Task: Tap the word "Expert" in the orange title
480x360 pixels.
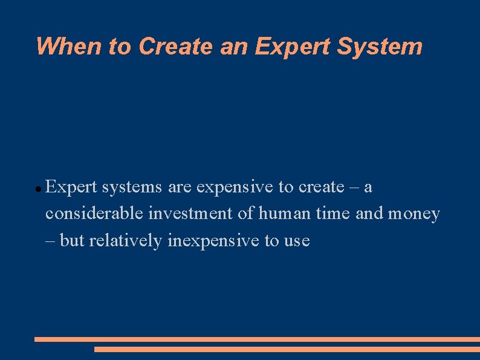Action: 293,47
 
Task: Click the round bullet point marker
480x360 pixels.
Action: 38,189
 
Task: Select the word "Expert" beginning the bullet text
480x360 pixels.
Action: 71,188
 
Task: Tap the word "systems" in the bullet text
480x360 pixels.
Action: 132,188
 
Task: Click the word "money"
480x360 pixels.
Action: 414,214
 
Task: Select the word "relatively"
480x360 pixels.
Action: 126,241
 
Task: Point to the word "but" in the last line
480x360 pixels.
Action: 73,241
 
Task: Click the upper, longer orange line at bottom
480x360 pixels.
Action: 257,339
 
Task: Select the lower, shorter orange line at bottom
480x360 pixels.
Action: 287,349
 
